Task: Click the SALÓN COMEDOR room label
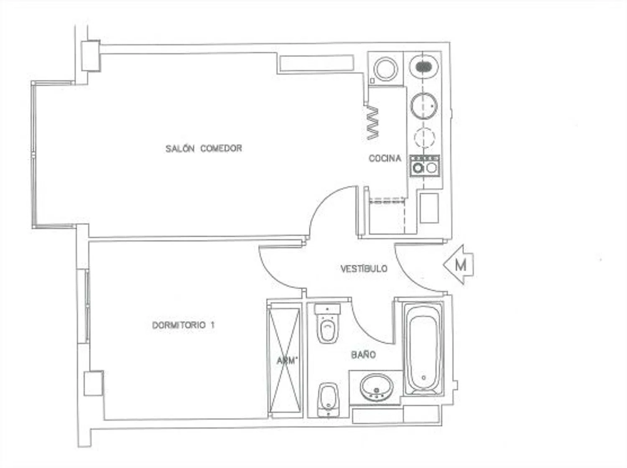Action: (x=204, y=148)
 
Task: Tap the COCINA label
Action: (x=385, y=158)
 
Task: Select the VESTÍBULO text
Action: (x=364, y=268)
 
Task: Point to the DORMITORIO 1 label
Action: (x=184, y=325)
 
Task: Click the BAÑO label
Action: (x=363, y=355)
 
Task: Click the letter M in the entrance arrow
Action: (x=461, y=265)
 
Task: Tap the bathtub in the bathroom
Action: (x=423, y=349)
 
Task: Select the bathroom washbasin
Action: (x=377, y=387)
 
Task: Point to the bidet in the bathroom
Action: (x=328, y=400)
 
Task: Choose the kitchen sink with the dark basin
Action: (x=423, y=67)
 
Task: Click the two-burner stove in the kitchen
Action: (x=424, y=166)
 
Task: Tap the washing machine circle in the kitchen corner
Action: (x=386, y=69)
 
